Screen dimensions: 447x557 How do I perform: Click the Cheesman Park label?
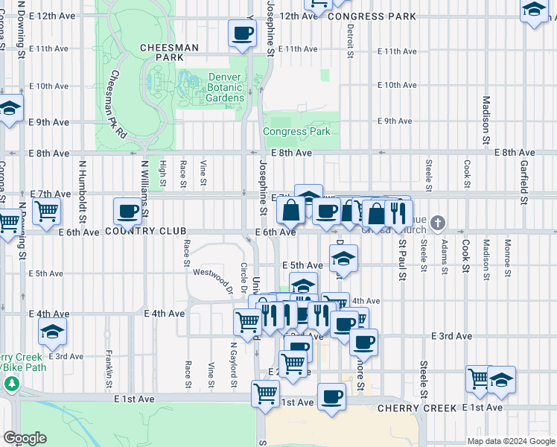(169, 52)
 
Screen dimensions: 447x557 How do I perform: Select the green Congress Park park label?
(296, 132)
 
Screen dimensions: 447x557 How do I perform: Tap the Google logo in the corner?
(25, 438)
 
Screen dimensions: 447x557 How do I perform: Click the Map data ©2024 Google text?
(511, 441)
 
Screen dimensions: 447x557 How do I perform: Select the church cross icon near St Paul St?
(439, 222)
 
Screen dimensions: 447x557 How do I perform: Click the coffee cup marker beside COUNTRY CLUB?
(127, 211)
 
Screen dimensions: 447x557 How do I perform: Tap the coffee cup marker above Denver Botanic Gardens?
(242, 34)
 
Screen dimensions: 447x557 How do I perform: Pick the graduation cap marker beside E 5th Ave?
(343, 259)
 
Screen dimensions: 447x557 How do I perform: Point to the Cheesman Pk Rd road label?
(118, 104)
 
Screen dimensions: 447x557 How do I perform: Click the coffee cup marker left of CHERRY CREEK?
(331, 396)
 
